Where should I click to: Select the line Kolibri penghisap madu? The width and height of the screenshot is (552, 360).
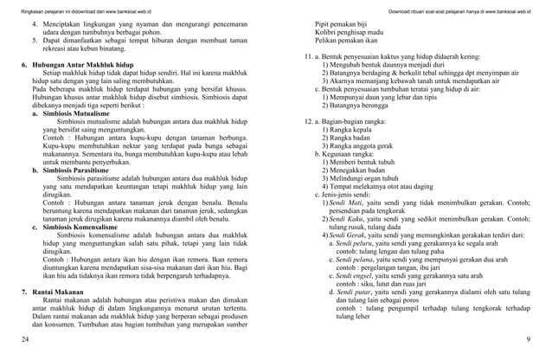355,38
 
